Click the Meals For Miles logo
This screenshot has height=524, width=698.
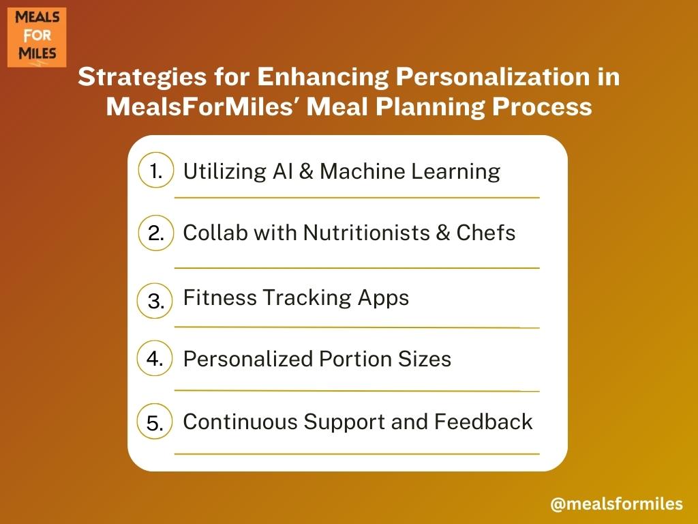click(x=37, y=38)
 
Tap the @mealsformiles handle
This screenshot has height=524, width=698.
click(x=616, y=504)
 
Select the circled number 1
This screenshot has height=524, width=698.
click(x=156, y=170)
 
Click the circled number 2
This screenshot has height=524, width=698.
click(x=156, y=233)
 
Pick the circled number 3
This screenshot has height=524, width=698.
click(x=155, y=301)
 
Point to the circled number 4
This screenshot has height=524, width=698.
click(x=155, y=358)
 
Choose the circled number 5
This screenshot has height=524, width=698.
click(x=155, y=422)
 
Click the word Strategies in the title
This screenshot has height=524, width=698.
click(x=142, y=78)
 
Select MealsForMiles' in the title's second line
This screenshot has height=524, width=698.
click(x=203, y=107)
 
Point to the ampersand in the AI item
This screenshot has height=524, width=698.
click(x=306, y=171)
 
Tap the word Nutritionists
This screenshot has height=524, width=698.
click(x=366, y=233)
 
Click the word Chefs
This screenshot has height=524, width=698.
click(x=485, y=233)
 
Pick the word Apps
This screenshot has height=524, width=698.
click(x=383, y=299)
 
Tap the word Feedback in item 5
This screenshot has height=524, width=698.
click(x=483, y=422)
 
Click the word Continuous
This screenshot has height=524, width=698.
click(x=240, y=422)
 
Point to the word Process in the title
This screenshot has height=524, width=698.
click(x=542, y=107)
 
